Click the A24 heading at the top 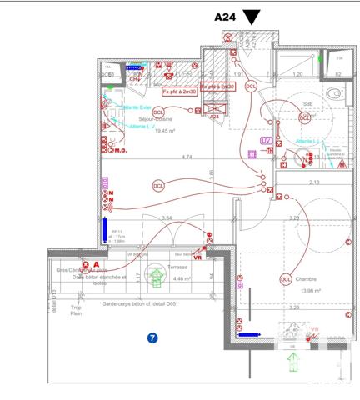click(x=225, y=17)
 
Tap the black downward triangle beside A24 click(x=252, y=17)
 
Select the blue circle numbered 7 click(x=152, y=338)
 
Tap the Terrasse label click(x=177, y=267)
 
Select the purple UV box click(x=266, y=142)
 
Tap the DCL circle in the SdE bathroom click(x=305, y=118)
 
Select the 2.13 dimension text click(x=314, y=182)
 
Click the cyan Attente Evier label click(x=137, y=107)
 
